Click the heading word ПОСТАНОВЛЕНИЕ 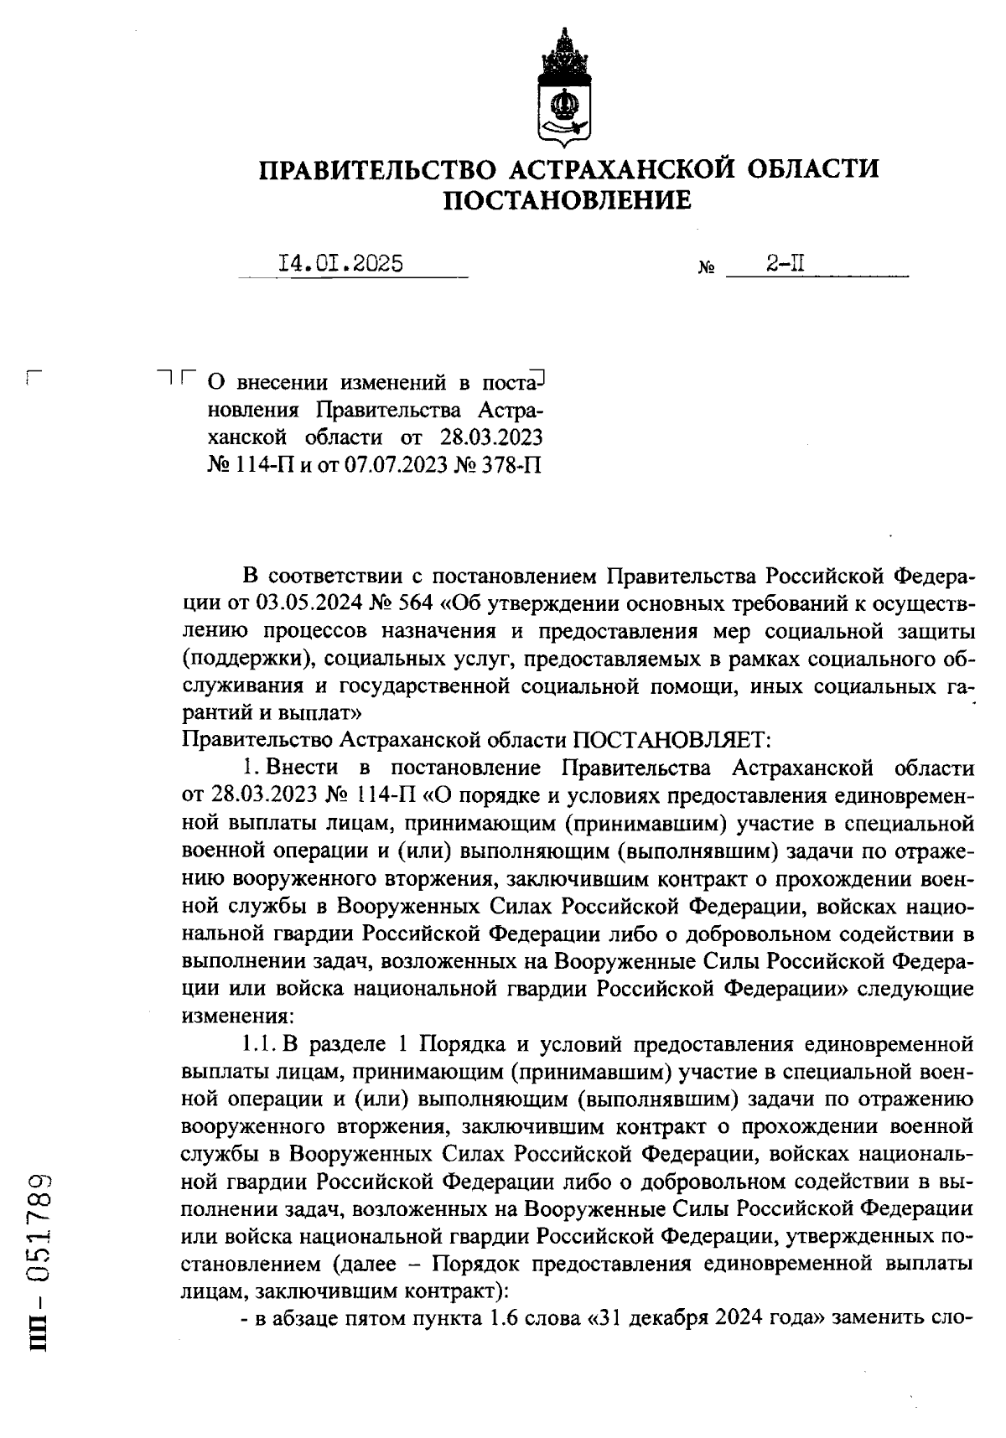tap(568, 200)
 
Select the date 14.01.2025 tap(341, 264)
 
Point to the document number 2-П tap(786, 264)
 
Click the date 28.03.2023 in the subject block tap(490, 437)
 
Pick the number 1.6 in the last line tap(500, 1320)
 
